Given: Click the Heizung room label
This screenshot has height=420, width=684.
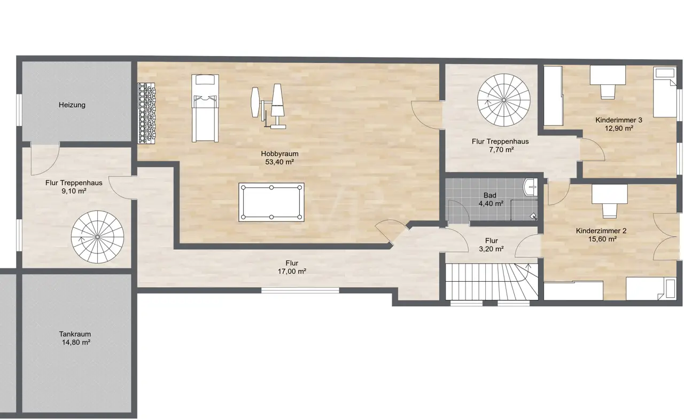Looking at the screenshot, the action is tap(72, 105).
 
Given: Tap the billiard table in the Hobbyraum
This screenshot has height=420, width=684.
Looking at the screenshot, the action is tap(271, 202).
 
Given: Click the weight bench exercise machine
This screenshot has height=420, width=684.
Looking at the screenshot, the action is tap(269, 106).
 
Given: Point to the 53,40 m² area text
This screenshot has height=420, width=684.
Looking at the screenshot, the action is tap(279, 162).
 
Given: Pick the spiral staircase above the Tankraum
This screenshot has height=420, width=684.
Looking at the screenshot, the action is tap(97, 237).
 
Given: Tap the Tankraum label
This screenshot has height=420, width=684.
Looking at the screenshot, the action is tap(75, 334).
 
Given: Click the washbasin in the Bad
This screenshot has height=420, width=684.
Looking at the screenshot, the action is tap(531, 187).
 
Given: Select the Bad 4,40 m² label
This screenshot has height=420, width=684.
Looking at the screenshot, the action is tap(491, 200).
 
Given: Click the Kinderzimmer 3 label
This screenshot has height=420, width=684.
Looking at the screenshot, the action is tap(619, 120).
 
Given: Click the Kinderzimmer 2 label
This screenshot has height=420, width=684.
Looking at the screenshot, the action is tap(601, 231).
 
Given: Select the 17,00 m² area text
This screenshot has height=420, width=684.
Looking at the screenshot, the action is tap(292, 271).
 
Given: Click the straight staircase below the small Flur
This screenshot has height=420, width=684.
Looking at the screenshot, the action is tap(492, 282).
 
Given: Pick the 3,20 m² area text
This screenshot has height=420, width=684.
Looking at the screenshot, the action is tap(491, 249).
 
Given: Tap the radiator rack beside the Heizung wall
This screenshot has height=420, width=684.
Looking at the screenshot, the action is tap(146, 113).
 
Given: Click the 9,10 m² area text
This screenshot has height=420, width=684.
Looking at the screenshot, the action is tap(74, 191).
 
